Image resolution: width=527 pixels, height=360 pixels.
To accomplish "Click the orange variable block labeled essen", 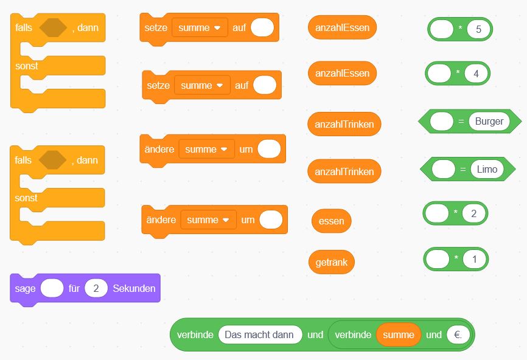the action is tap(332, 221).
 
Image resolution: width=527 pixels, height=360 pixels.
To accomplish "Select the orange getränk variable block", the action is tap(332, 262).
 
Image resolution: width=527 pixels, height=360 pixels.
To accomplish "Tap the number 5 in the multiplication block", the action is tap(478, 29).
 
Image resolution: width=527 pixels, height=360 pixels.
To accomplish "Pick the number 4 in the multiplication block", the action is tap(476, 74).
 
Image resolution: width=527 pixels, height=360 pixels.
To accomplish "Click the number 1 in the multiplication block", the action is tap(474, 259).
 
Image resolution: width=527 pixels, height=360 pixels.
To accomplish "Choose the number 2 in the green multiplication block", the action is tap(473, 213).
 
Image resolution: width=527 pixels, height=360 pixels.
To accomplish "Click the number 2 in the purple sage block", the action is tap(96, 288).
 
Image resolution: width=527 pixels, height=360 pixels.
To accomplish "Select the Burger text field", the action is tap(489, 121).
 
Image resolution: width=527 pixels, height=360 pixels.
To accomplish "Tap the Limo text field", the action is tap(487, 169).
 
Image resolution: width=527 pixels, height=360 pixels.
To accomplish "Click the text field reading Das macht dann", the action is tap(260, 334).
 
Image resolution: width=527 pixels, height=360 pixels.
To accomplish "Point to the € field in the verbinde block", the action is tap(458, 334).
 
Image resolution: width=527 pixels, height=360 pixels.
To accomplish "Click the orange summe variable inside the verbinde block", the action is tap(399, 334).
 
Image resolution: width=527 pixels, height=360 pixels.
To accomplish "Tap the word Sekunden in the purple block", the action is tap(134, 288).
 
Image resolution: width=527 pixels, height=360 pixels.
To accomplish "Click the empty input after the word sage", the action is tap(52, 288).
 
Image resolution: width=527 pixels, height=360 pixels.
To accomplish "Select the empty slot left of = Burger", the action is tap(442, 121).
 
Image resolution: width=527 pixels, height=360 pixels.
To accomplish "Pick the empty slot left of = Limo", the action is tap(443, 169).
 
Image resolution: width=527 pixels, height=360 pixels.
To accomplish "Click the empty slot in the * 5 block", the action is tap(442, 29).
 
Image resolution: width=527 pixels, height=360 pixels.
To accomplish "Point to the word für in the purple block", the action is tap(74, 288).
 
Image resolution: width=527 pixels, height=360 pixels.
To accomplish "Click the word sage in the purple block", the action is tap(25, 289).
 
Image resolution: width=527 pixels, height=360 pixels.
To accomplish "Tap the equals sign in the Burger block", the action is tap(461, 121).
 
